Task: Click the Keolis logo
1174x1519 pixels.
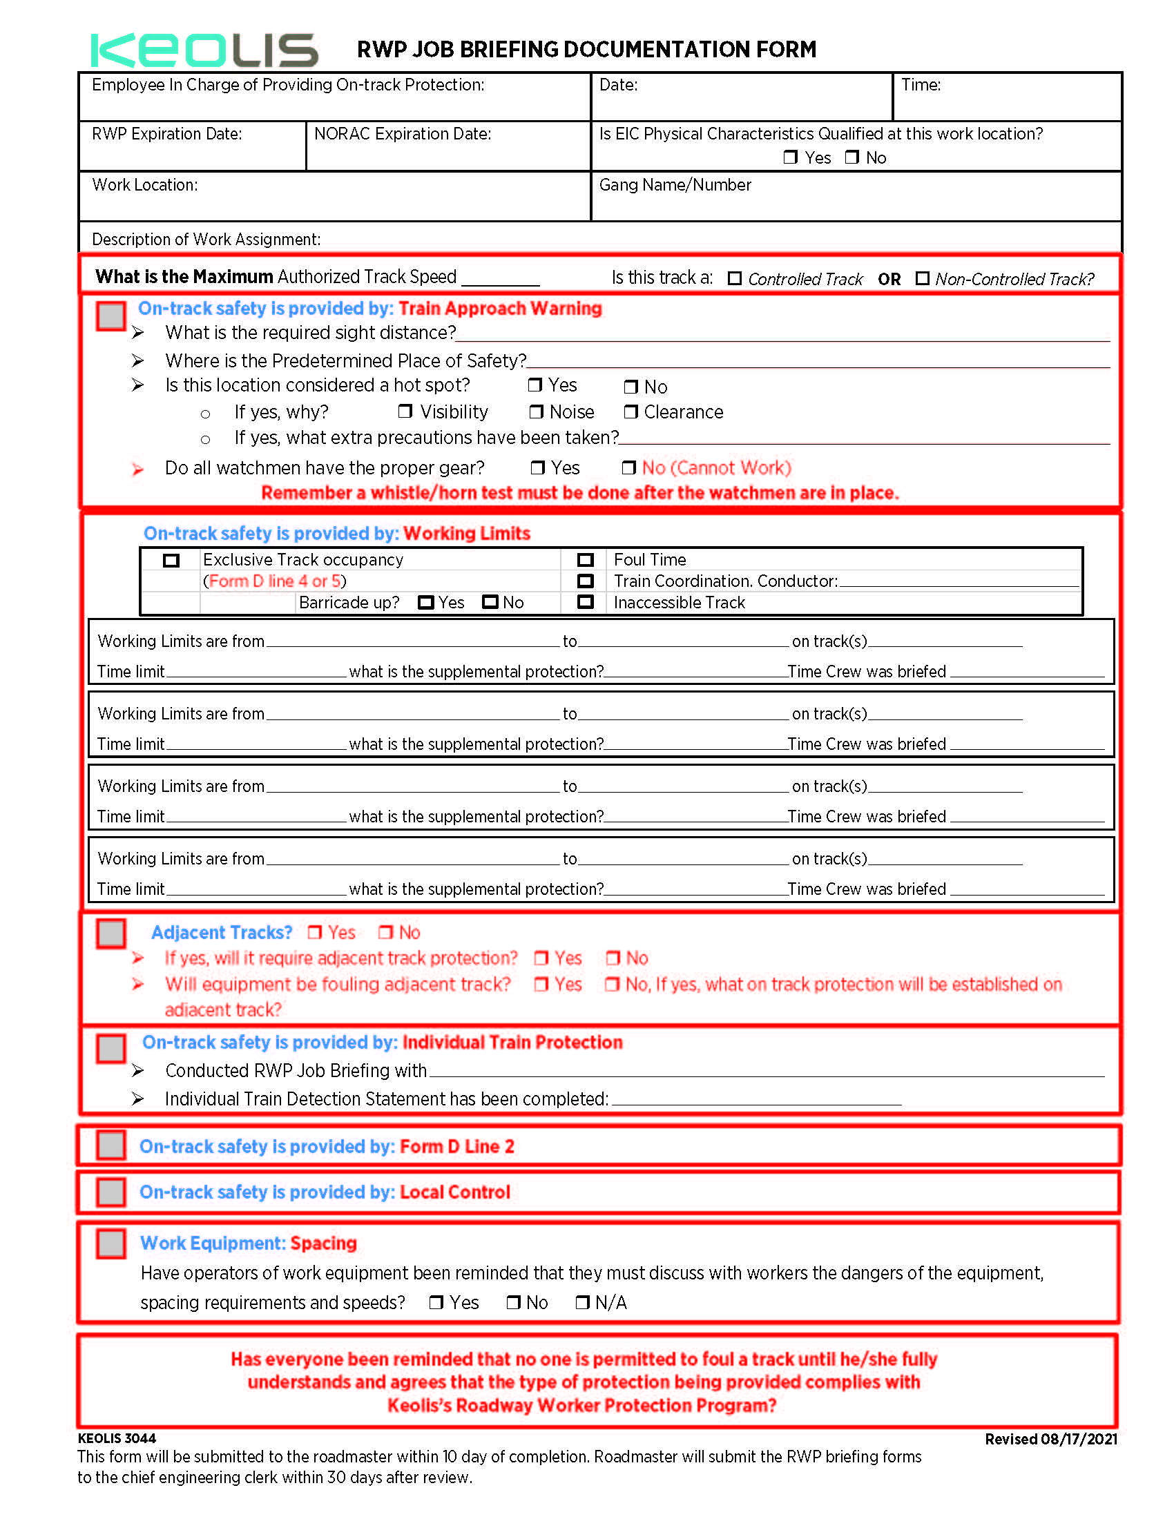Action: click(204, 50)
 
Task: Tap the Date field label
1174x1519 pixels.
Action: click(618, 85)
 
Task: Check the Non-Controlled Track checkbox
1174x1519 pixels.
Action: click(922, 278)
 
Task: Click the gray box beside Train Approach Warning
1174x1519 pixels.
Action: click(110, 316)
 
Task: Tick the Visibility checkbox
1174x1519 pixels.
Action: click(405, 411)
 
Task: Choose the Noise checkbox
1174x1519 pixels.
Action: click(535, 412)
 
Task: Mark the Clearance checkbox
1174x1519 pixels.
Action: click(630, 412)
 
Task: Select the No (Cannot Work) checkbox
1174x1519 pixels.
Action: click(628, 467)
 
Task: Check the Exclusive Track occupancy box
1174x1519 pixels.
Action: click(171, 561)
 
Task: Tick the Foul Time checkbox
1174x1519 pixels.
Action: click(586, 560)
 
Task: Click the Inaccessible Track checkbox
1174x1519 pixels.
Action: click(586, 602)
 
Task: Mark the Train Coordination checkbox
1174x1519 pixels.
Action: click(586, 581)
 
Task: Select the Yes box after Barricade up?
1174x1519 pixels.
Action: click(425, 602)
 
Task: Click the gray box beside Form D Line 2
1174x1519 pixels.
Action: click(110, 1145)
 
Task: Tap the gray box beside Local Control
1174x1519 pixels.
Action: click(110, 1192)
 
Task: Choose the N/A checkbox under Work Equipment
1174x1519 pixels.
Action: click(582, 1302)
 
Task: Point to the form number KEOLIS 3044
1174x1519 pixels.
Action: click(117, 1438)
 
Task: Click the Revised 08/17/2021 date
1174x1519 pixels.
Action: click(1051, 1439)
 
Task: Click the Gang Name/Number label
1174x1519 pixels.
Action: click(675, 185)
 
